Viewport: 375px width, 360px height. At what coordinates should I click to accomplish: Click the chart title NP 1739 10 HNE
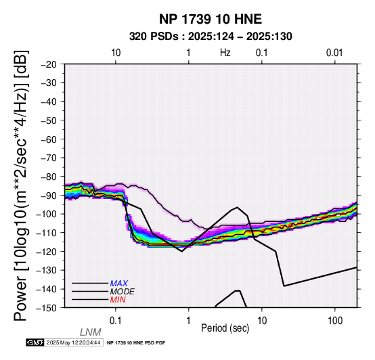211,19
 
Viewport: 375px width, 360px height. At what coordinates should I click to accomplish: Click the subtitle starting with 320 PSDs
211,37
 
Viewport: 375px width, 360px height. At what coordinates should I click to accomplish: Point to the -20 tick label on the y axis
49,64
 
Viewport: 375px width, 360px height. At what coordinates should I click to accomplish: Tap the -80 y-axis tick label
49,177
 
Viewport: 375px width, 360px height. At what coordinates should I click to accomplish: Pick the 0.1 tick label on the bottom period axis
116,321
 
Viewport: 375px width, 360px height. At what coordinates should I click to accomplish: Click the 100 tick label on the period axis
335,321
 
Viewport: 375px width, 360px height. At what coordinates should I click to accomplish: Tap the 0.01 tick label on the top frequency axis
334,53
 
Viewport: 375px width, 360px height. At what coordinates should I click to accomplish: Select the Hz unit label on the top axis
225,53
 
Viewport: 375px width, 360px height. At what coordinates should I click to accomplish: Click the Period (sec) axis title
225,328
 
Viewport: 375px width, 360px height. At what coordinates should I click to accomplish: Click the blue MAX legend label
119,284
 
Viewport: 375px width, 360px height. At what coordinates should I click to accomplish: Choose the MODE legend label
123,292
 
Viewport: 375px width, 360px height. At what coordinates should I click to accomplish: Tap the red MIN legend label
118,300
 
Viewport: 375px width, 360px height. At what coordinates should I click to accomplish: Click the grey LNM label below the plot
91,332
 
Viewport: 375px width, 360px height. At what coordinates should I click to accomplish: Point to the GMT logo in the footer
35,342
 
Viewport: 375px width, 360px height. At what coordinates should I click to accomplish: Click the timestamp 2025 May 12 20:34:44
73,342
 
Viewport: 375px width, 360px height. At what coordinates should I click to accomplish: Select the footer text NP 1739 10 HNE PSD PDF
136,343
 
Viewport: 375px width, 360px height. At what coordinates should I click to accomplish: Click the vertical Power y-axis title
21,185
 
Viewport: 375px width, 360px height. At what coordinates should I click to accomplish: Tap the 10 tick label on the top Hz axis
116,53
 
